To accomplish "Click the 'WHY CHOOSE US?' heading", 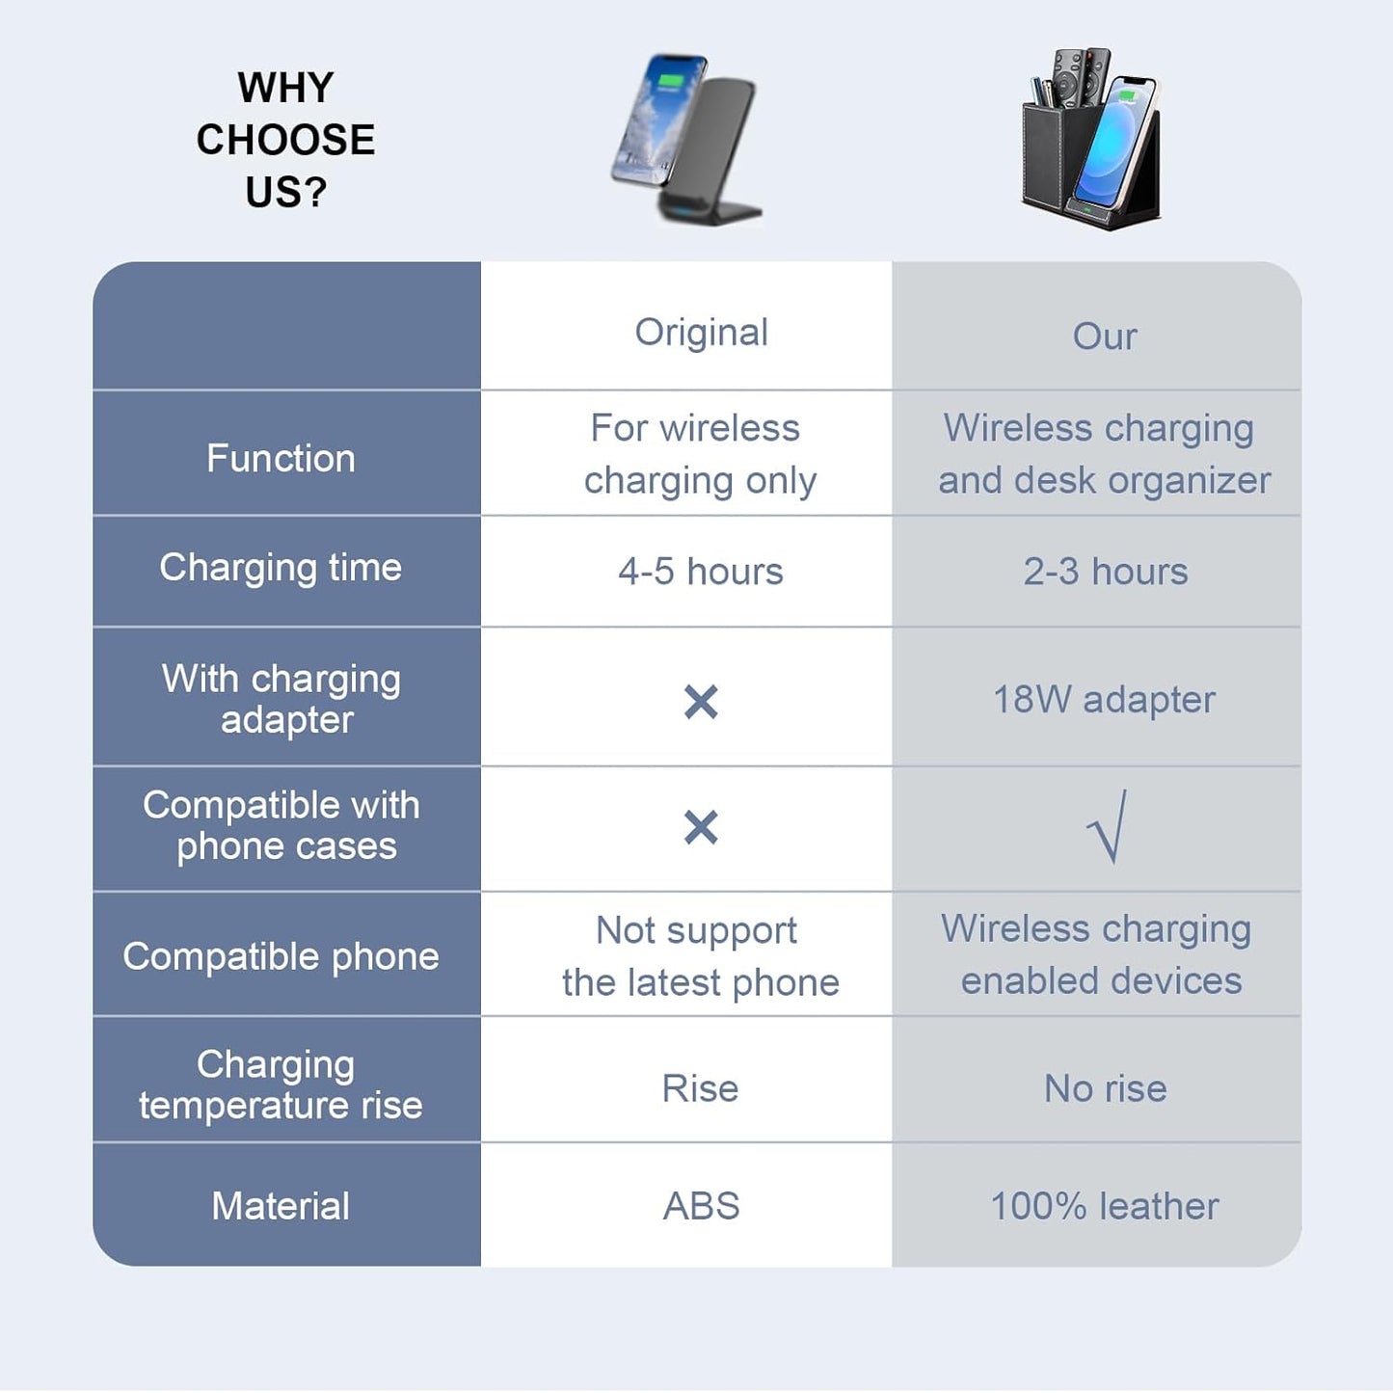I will (285, 140).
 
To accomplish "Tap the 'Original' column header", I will (701, 333).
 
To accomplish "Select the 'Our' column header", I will (1105, 336).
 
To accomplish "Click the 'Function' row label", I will (281, 458).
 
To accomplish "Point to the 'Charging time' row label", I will (281, 568).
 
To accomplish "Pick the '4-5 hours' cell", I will (701, 572).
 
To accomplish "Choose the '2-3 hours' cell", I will (1105, 572).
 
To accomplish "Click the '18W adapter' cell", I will (1104, 700).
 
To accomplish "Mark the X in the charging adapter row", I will (701, 702).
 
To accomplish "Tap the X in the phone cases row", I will (701, 827).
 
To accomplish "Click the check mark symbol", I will (1107, 827).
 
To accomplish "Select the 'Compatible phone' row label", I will (281, 956).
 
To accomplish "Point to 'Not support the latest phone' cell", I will (701, 956).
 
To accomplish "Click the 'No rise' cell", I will (1105, 1089).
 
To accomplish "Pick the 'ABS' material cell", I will (701, 1206).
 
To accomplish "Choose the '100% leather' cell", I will (1105, 1207).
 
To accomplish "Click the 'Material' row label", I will (281, 1206).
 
